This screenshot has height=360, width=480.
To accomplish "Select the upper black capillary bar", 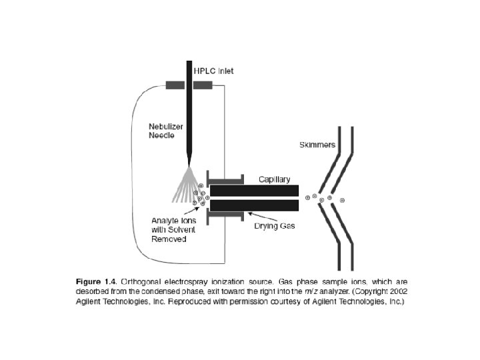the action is click(x=254, y=190).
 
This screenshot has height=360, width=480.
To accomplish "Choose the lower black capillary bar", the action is click(x=254, y=205).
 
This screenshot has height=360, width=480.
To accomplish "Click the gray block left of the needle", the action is click(x=175, y=85).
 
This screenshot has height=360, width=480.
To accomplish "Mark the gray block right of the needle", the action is click(x=203, y=85).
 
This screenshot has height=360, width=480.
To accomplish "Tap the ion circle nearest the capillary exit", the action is click(x=307, y=197).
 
